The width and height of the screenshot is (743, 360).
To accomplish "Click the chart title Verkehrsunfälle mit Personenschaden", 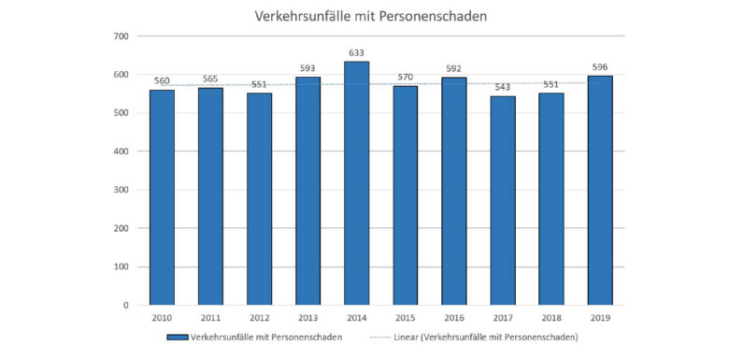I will [x=371, y=16].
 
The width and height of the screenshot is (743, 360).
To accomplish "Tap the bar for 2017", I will [x=502, y=200].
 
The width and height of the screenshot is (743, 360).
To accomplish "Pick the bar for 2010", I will [x=162, y=197].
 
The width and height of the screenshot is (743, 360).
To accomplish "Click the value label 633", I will [x=356, y=52].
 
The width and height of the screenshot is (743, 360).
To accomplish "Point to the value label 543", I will [x=502, y=87].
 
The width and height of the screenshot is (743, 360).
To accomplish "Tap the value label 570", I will [x=405, y=77].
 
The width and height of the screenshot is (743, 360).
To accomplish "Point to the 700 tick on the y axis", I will [x=121, y=36].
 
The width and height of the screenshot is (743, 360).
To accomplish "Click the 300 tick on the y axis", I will [x=121, y=190].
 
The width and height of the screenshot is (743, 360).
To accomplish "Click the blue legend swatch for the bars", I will [x=178, y=337].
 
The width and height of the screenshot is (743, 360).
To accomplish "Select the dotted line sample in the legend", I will [x=403, y=337].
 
